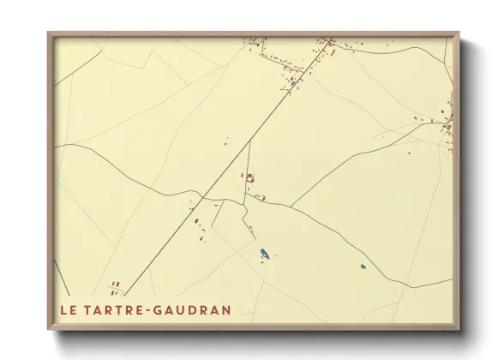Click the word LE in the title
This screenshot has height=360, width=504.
[68, 309]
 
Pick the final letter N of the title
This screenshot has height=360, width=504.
[226, 309]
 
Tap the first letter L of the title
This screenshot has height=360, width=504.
[63, 309]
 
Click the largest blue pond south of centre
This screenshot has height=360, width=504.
[265, 254]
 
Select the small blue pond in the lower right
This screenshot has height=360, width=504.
[363, 267]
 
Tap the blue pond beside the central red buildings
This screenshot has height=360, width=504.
[249, 176]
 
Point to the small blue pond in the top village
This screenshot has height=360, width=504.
[293, 83]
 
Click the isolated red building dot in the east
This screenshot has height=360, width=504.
[408, 154]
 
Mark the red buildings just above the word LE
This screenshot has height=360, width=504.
[114, 287]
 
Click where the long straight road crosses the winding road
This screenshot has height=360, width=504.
[202, 198]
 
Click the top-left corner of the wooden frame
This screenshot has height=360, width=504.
[49, 33]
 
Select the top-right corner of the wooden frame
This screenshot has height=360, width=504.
[459, 33]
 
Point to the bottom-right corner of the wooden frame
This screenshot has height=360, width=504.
[459, 329]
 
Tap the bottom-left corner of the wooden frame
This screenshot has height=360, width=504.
[49, 329]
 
